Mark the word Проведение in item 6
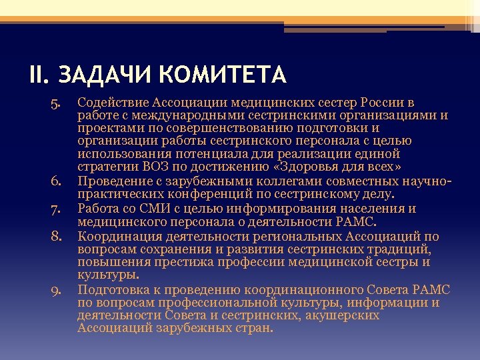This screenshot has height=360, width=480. pos(113,181)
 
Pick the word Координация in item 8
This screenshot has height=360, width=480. pos(115,235)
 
